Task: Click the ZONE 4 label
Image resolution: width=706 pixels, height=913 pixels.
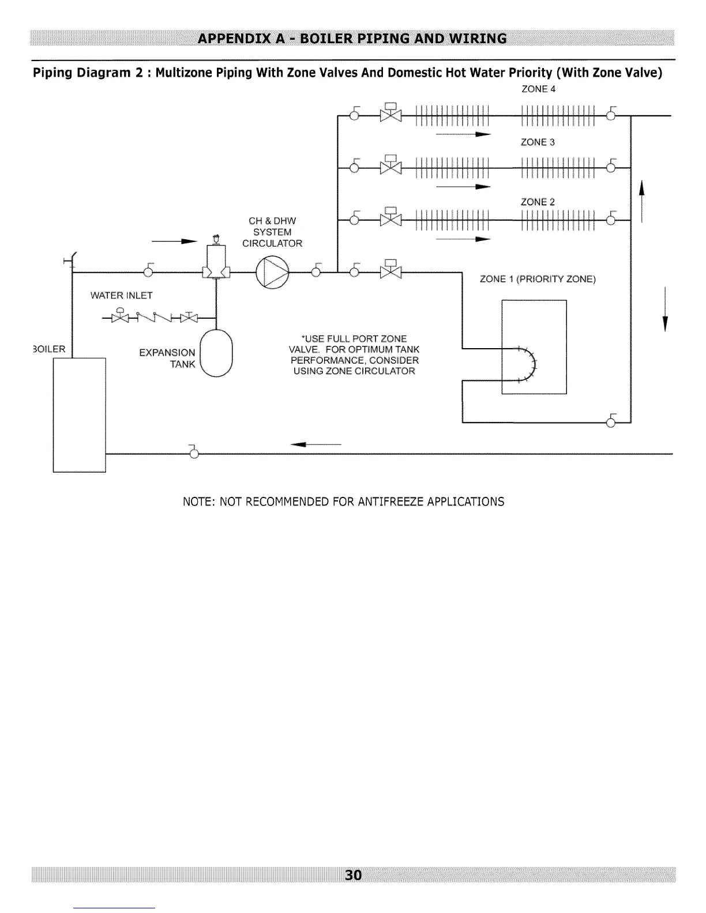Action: click(x=538, y=89)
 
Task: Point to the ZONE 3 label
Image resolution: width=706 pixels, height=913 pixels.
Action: click(x=538, y=142)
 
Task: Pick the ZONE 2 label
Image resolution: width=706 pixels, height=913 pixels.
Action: click(x=538, y=202)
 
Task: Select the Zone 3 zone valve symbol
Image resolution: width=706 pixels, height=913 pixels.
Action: click(x=390, y=165)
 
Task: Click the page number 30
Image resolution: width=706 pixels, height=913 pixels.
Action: click(x=353, y=875)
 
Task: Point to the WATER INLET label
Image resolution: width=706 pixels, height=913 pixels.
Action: click(x=121, y=295)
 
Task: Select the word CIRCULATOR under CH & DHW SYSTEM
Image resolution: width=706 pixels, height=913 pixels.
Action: click(x=272, y=243)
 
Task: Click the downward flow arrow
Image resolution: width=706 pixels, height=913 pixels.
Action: click(x=665, y=310)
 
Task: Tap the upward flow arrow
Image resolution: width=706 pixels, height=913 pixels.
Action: click(x=641, y=201)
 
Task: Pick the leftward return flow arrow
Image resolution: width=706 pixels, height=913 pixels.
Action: click(x=316, y=444)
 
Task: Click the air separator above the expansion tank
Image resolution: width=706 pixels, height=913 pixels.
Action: click(x=216, y=257)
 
